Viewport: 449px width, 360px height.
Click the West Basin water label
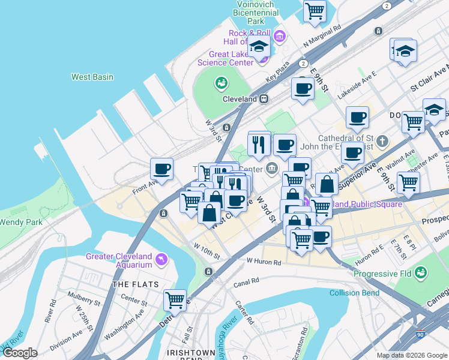coord(92,77)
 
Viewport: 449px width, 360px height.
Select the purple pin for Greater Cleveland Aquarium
coord(161,259)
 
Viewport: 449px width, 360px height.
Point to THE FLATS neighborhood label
coord(135,284)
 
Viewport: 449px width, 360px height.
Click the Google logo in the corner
coord(20,353)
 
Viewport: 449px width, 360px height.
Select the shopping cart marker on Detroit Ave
coord(175,299)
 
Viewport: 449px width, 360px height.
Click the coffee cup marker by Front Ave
coord(161,169)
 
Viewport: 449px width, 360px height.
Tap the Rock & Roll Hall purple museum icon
coord(279,37)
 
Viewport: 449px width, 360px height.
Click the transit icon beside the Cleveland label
coord(263,99)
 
